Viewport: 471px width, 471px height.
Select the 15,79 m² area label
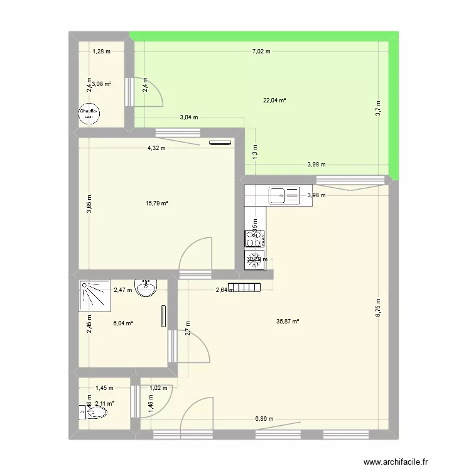point(157,202)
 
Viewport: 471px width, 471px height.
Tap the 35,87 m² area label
point(288,321)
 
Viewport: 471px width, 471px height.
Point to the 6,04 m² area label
point(123,323)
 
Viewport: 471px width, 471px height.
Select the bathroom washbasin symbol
point(148,287)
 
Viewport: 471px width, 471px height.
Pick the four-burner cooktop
point(254,238)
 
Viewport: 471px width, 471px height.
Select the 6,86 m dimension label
point(263,419)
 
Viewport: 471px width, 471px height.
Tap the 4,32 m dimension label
point(156,148)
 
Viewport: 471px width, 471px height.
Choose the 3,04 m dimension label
point(188,117)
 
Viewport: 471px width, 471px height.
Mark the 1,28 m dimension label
point(101,51)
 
